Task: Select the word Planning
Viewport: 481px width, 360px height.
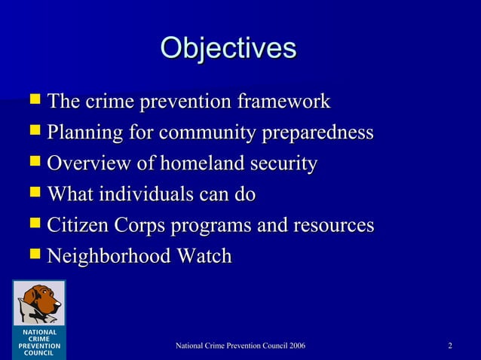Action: click(78, 133)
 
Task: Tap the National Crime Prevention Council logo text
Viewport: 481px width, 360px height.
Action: click(38, 342)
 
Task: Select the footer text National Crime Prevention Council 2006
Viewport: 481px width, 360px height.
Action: click(240, 346)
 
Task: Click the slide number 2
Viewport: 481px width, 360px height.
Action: click(449, 346)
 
